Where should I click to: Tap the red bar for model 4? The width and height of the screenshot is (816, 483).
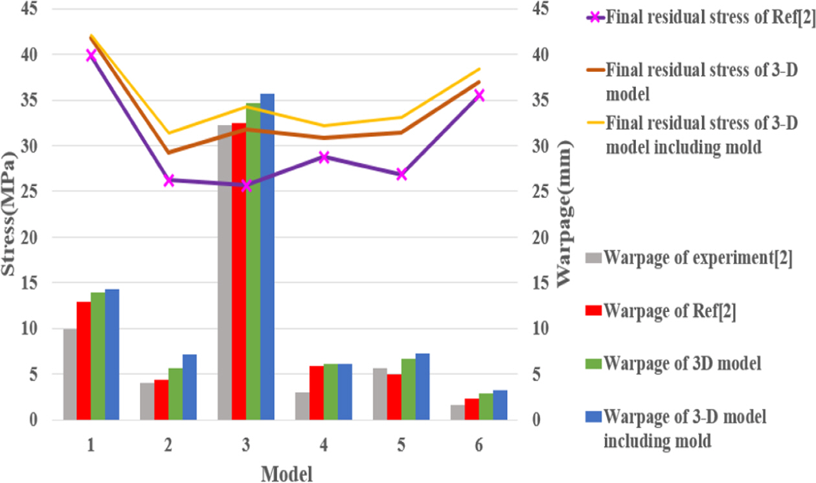point(317,393)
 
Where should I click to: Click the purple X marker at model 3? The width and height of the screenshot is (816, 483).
point(246,185)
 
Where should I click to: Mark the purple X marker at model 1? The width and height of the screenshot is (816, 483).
point(91,55)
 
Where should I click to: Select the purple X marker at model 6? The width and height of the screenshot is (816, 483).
point(479,95)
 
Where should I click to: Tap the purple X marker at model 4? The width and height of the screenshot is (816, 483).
point(324,157)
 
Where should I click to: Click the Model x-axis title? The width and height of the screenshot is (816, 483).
point(286,474)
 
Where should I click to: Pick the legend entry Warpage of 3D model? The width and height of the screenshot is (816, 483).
point(682,362)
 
